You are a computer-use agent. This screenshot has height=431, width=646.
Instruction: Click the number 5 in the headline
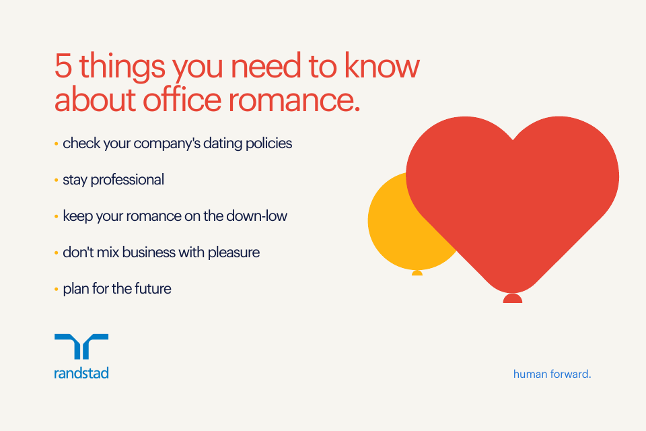point(63,68)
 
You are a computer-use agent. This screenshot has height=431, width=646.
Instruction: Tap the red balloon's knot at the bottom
point(512,298)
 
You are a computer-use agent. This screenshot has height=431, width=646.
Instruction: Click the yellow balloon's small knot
point(417,273)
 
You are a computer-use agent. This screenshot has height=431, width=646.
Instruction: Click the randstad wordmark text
point(81,372)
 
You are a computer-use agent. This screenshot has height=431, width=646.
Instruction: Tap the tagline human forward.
point(552,373)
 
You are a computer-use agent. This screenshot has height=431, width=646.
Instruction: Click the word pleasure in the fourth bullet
point(231,253)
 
